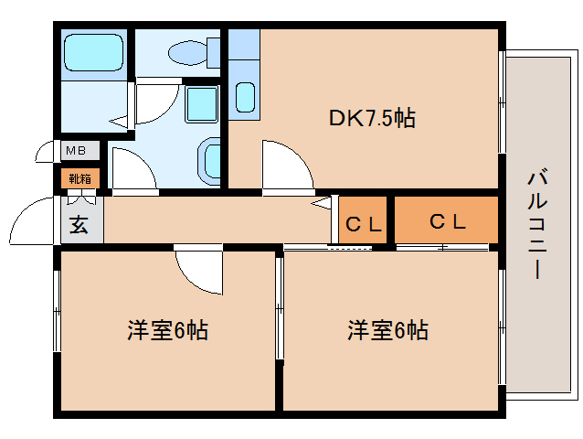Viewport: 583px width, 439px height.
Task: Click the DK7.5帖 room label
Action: [372, 118]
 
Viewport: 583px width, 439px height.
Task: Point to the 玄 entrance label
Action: [79, 224]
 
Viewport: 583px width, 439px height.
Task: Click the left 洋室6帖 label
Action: [167, 330]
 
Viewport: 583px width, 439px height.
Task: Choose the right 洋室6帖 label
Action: [387, 330]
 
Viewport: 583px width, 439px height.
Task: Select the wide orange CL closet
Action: [447, 220]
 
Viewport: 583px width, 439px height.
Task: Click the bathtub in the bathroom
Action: [92, 56]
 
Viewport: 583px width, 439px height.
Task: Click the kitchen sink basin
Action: [244, 95]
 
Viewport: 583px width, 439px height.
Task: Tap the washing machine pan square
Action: [202, 104]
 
